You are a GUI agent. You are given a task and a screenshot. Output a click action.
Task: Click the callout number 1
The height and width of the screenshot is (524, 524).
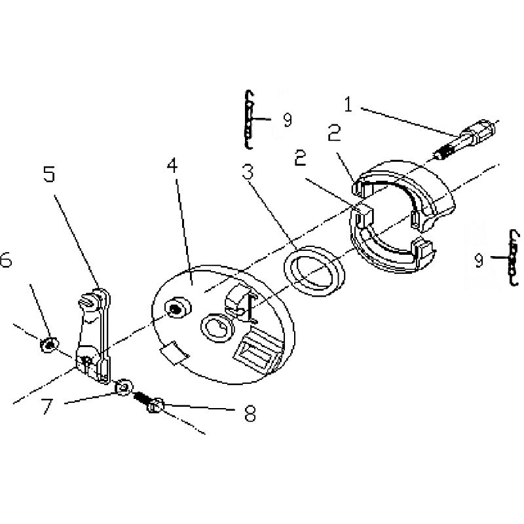(348, 104)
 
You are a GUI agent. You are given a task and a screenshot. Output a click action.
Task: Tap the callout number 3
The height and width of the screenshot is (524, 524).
(248, 172)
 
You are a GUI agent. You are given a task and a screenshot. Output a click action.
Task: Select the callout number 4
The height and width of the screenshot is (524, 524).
(172, 166)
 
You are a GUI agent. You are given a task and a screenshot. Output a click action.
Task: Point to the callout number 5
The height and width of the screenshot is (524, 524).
(48, 174)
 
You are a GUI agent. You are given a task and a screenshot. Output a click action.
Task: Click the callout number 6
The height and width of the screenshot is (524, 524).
(6, 259)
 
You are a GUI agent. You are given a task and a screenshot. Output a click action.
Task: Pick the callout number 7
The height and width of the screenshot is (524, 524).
(47, 406)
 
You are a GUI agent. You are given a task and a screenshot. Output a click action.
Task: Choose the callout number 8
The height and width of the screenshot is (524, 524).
(250, 413)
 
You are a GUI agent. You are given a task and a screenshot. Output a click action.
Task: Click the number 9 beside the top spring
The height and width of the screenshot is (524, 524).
(287, 120)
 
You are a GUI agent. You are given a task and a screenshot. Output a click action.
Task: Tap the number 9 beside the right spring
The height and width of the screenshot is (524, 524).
(479, 260)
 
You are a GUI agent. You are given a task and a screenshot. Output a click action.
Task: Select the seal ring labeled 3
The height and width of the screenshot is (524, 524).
(314, 271)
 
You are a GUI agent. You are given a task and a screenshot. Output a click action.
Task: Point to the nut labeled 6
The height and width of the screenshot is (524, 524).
(50, 345)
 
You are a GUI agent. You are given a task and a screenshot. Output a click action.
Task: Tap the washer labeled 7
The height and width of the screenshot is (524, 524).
(124, 388)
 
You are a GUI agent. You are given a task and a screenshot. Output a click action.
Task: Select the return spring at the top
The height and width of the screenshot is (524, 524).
(248, 119)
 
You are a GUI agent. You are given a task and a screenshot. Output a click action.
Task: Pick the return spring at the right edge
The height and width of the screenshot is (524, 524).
(513, 257)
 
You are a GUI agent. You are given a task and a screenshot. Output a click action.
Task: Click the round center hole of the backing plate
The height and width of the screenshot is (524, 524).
(217, 328)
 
